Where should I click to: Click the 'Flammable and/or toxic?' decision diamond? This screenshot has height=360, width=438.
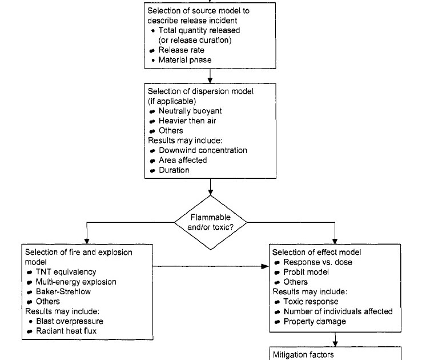coord(211,223)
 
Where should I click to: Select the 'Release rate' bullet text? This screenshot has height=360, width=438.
coord(181,50)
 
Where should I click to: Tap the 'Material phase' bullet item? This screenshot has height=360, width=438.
coord(185,59)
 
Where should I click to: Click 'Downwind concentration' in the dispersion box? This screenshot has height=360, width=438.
coord(203,150)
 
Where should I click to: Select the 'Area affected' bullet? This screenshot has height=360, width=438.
coord(182,160)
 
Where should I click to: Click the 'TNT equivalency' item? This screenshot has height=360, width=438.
coord(66,272)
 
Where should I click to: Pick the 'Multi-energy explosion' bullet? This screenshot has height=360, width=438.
coord(75,282)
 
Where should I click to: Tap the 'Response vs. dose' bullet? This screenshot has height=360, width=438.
coord(318,262)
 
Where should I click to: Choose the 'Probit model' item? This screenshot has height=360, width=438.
coord(306,272)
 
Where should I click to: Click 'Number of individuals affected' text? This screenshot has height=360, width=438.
coord(337,311)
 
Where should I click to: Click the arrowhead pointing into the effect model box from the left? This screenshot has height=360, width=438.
coord(266,266)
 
